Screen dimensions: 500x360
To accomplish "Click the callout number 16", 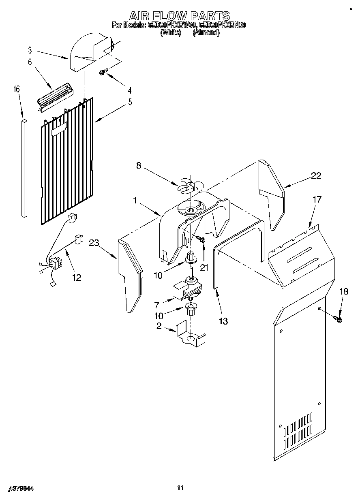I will (17, 89).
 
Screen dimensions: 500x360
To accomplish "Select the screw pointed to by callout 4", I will (103, 73).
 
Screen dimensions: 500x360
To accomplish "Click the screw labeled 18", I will (338, 320).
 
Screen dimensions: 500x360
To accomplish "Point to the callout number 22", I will (316, 175).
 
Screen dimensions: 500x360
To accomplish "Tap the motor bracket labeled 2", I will (191, 335).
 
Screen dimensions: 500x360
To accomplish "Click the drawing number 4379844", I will (20, 489).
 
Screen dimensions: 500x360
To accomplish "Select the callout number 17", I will (317, 199).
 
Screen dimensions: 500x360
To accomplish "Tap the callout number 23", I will (94, 243).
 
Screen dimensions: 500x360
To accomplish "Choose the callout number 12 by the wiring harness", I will (76, 278).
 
